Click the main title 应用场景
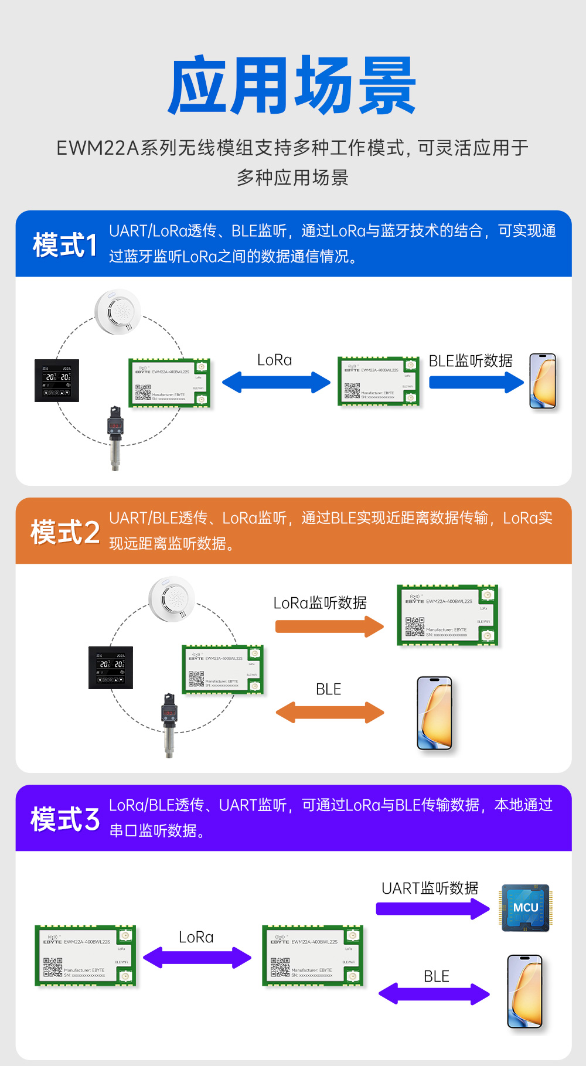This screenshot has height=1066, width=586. (292, 86)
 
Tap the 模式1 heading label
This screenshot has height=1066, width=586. (64, 245)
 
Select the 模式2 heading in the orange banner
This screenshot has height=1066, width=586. (64, 532)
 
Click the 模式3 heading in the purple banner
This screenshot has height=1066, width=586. (64, 819)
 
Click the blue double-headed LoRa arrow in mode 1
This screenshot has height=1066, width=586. (276, 383)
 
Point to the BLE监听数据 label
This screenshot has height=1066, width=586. (470, 360)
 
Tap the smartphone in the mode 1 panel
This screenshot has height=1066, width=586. (543, 381)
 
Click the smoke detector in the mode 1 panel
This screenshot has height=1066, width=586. (118, 312)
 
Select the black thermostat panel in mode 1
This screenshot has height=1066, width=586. (56, 380)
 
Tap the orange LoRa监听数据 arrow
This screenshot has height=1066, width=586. (329, 626)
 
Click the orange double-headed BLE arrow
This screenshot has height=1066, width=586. (329, 713)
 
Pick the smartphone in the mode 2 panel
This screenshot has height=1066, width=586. (435, 713)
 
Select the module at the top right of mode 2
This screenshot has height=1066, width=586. (447, 615)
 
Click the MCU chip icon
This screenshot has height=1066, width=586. (525, 908)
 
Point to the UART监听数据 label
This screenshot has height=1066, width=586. (430, 888)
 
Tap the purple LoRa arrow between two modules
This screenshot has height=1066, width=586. (197, 958)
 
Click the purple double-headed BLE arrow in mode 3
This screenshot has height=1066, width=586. (434, 994)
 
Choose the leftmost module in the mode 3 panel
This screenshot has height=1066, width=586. (86, 955)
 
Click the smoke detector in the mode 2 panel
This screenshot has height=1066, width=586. (171, 598)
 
